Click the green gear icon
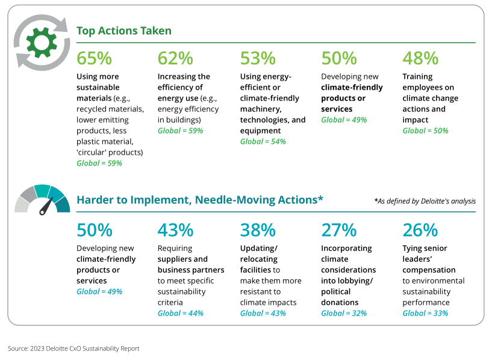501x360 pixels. tap(42, 43)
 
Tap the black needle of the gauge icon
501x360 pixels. tap(46, 206)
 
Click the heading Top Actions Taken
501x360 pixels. tap(124, 31)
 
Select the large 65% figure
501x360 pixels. tap(95, 58)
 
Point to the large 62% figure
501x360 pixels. tap(175, 58)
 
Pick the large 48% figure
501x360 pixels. tap(420, 58)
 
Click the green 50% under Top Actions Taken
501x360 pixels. tap(339, 58)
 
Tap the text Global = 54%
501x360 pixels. tap(263, 141)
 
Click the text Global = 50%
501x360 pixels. tap(425, 131)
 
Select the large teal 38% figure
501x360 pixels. tap(258, 230)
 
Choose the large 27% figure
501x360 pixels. tap(339, 230)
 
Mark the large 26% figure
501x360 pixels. tap(420, 230)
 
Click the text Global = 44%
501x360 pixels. tap(181, 314)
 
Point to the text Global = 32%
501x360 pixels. tap(344, 314)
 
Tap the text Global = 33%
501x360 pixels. tap(425, 314)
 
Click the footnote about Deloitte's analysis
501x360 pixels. tap(425, 201)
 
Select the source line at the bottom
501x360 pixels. tap(73, 349)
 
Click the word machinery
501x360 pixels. tap(261, 109)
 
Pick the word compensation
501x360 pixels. tap(429, 270)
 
